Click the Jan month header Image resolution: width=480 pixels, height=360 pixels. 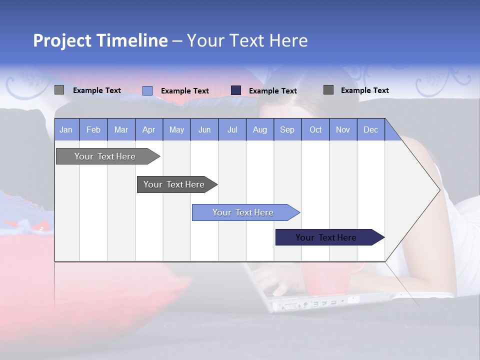pos(66,129)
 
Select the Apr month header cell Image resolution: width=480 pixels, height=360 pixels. pos(149,129)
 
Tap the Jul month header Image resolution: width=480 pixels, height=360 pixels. pos(232,129)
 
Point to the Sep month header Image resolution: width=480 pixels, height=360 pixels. pos(287,129)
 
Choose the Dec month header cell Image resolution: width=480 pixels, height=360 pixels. pos(370,129)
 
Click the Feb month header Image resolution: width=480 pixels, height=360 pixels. pos(93,129)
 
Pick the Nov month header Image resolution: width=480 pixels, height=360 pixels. pos(343,129)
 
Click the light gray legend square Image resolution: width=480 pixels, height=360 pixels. pos(59,90)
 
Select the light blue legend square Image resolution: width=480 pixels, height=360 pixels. pos(147,90)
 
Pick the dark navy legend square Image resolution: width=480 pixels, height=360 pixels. pos(236,90)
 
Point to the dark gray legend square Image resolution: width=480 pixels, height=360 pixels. pos(328,89)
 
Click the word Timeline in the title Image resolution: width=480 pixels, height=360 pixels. pos(132,40)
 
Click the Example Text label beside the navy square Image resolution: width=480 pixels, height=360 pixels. pos(273,90)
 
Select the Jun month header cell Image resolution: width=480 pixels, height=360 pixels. pos(204,129)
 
